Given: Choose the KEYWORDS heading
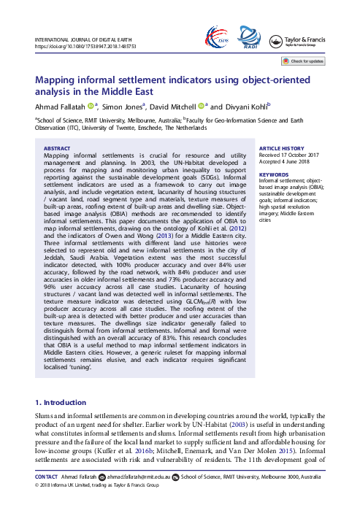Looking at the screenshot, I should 274,174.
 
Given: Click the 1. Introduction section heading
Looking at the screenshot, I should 64,403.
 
